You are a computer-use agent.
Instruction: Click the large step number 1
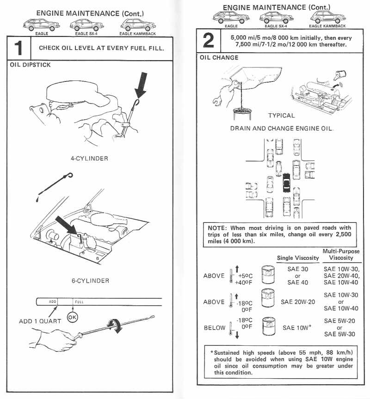[x=18, y=48]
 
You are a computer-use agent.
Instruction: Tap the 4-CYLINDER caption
[x=89, y=159]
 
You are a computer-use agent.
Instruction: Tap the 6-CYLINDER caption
[x=90, y=281]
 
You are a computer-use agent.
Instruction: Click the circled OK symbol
[x=73, y=318]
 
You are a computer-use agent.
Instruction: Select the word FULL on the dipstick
[x=79, y=302]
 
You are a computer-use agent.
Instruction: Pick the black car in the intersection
[x=286, y=183]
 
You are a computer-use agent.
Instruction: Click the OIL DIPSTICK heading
[x=30, y=65]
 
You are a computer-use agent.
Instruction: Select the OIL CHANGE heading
[x=219, y=58]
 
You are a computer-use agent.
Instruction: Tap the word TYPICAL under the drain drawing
[x=281, y=115]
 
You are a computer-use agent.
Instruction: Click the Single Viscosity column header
[x=297, y=258]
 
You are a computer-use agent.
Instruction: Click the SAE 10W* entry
[x=296, y=327]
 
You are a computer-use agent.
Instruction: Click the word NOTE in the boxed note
[x=216, y=227]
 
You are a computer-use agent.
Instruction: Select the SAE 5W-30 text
[x=339, y=334]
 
